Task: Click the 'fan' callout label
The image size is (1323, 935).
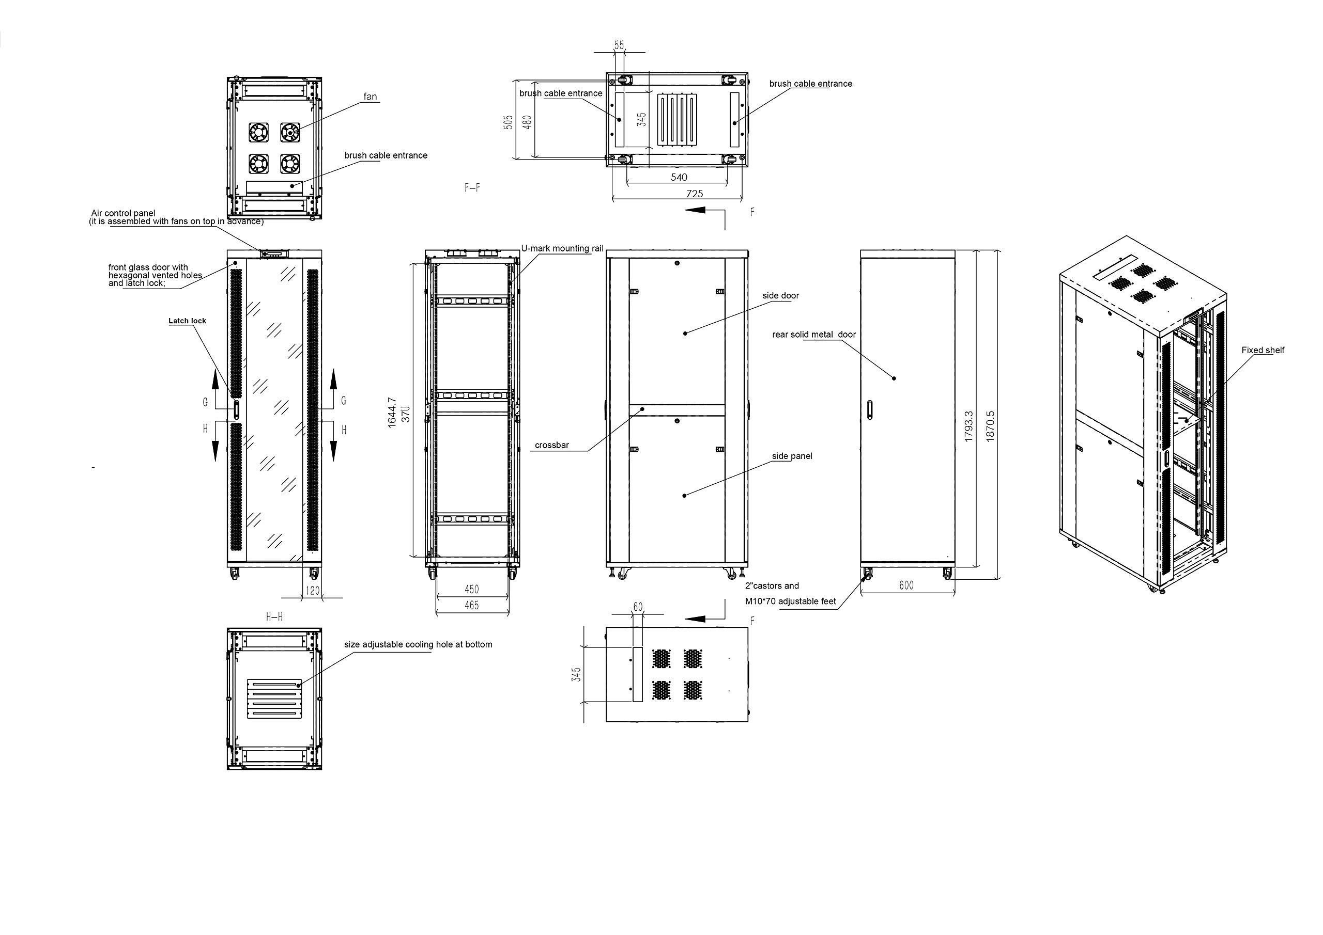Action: coord(370,97)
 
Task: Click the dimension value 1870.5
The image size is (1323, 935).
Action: coord(990,426)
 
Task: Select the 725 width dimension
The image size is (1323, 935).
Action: coord(695,194)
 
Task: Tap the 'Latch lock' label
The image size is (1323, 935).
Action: coord(187,321)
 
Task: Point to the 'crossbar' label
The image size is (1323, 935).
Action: coord(551,445)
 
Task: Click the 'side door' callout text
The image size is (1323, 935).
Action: coord(780,295)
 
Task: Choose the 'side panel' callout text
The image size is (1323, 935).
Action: coord(792,456)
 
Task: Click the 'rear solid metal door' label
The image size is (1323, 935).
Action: coord(813,335)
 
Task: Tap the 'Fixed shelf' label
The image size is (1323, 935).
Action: coord(1263,350)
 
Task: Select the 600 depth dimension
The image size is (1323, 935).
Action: coord(906,585)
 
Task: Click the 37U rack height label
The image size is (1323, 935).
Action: coord(406,414)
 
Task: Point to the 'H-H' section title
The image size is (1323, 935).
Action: coord(274,617)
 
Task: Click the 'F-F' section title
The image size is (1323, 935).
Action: coord(472,188)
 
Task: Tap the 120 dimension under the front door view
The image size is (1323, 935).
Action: coord(312,590)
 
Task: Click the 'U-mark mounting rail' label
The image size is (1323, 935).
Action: coord(562,249)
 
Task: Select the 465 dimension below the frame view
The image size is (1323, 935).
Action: coord(471,605)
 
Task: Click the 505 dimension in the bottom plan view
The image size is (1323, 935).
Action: coord(508,121)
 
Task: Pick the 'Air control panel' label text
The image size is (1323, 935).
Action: coord(124,213)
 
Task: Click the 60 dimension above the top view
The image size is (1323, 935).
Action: coord(637,607)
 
